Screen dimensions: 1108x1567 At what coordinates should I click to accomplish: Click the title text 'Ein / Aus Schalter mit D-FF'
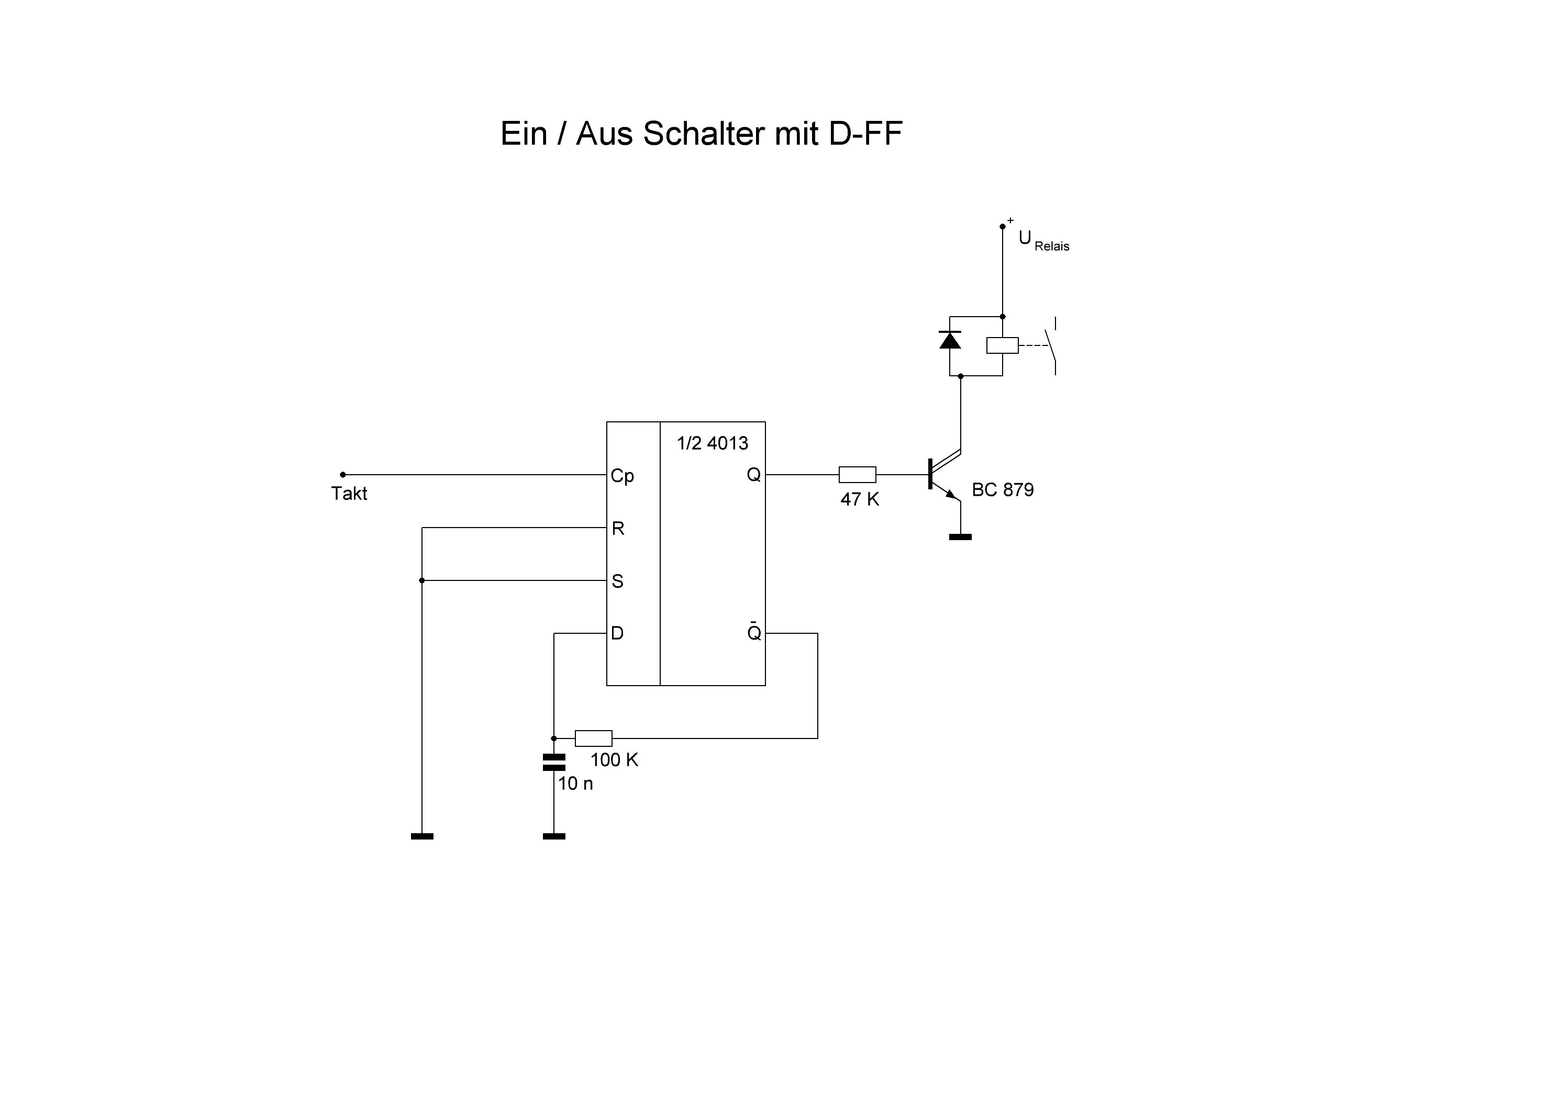(701, 134)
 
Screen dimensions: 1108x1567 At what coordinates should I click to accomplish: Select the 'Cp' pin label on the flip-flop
(622, 476)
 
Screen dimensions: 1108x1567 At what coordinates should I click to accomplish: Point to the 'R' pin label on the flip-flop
(618, 528)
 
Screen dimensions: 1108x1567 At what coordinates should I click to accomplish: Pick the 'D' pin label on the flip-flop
(617, 633)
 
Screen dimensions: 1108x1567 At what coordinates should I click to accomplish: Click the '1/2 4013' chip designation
(712, 443)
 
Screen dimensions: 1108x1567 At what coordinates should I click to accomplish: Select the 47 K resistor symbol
(857, 474)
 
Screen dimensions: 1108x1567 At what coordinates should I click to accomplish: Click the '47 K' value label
(859, 499)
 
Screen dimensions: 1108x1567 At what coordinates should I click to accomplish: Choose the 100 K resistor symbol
(593, 738)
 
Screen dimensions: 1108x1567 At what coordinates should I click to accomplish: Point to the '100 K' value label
(614, 760)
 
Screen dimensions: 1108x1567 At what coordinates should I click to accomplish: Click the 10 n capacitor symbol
(553, 762)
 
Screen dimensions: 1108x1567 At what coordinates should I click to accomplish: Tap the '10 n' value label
(575, 784)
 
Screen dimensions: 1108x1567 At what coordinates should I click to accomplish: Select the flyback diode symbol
(950, 340)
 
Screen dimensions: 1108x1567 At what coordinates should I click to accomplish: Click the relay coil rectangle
(1002, 345)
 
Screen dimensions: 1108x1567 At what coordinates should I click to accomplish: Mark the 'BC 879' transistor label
(1002, 490)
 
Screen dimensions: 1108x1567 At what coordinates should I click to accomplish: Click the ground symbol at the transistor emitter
(960, 537)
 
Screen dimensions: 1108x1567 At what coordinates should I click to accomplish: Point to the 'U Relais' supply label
(1043, 241)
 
